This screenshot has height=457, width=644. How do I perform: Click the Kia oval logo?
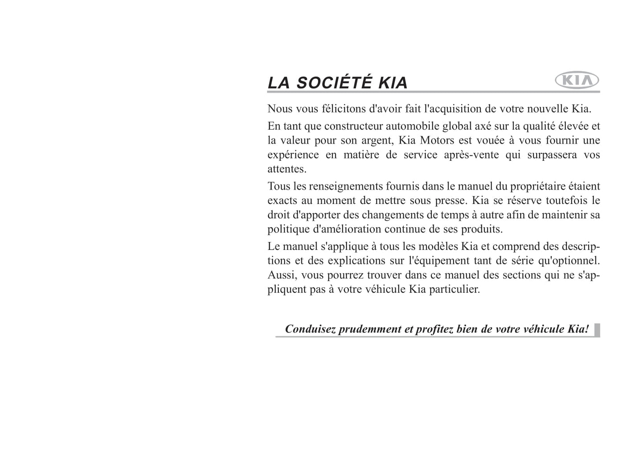[x=577, y=81]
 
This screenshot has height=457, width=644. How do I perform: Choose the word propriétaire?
[x=537, y=186]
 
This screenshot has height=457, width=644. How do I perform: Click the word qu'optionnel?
[x=566, y=261]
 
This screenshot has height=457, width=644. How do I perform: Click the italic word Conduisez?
[x=310, y=329]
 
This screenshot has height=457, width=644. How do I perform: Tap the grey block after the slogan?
[x=597, y=330]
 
